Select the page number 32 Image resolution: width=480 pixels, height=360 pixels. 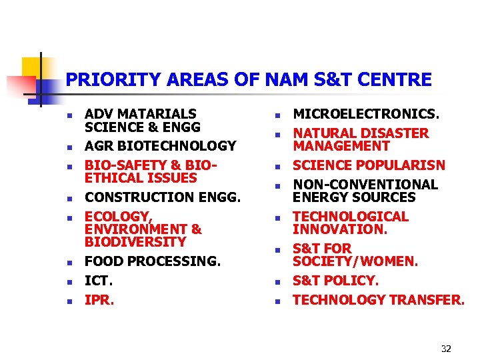446,349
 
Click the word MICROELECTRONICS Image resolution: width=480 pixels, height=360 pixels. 366,114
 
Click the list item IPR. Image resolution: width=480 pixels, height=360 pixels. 99,300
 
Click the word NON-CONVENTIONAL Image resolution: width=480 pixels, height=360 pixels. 365,185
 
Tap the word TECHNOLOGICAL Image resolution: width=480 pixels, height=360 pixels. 351,217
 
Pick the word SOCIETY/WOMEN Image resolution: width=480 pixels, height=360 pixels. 355,261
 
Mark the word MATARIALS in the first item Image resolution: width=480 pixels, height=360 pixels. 155,114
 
